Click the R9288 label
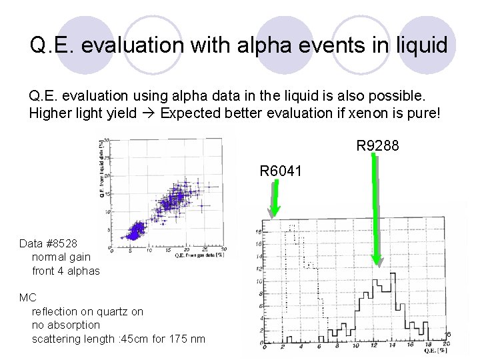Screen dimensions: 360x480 point(377,145)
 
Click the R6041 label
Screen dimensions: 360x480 point(281,171)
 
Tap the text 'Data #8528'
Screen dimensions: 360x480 point(48,244)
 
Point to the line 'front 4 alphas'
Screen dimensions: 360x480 point(65,271)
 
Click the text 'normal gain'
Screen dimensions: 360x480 point(61,257)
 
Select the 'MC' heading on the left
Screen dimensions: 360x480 point(27,298)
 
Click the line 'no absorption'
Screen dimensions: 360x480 point(65,325)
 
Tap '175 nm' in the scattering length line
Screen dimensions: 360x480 point(189,339)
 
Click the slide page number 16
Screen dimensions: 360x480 point(449,334)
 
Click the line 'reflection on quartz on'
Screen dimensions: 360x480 point(87,312)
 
